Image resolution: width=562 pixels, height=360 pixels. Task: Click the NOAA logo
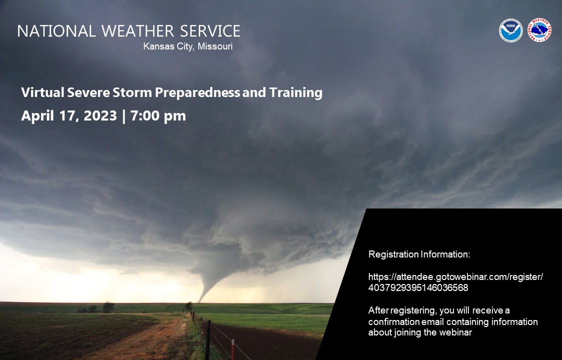coord(510,30)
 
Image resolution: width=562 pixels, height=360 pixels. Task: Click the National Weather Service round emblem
coord(540,30)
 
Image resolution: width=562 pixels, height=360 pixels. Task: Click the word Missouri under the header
coord(215,46)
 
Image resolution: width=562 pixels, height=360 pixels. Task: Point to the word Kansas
coord(157,46)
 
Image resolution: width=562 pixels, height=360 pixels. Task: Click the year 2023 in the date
coord(101,116)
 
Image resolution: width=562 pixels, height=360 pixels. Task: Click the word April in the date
coord(37,116)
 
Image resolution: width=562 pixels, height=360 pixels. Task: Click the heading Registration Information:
coord(419,254)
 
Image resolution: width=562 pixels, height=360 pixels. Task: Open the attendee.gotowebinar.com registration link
coord(455,277)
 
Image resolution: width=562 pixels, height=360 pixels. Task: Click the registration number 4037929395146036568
coord(418,287)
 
